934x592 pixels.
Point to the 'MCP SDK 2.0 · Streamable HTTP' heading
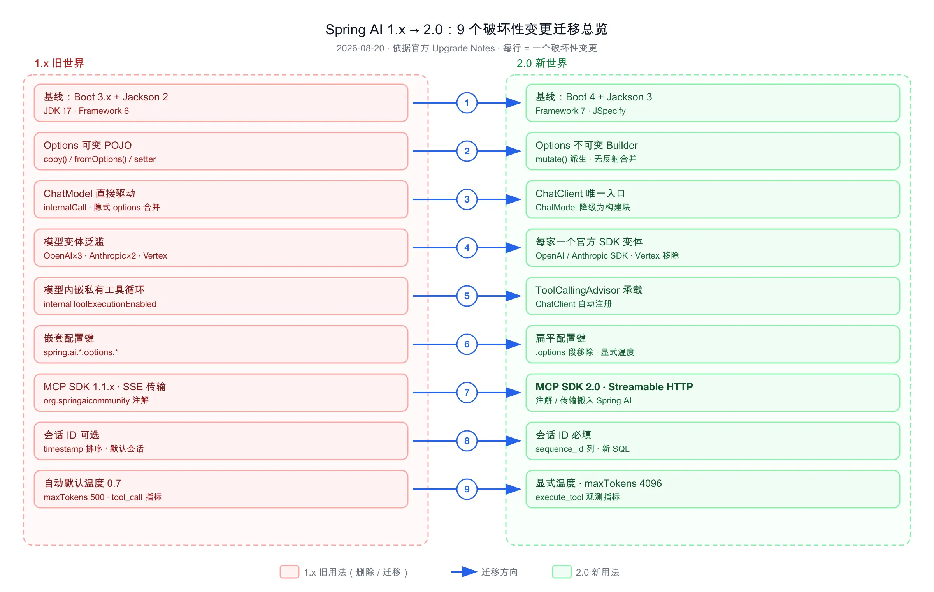(x=614, y=387)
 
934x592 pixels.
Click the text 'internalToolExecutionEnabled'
(x=100, y=304)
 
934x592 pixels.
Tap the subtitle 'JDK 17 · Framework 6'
(x=86, y=111)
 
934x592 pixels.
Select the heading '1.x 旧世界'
(x=59, y=63)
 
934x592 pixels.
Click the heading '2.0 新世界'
(x=542, y=63)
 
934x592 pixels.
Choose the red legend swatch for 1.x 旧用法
(x=290, y=572)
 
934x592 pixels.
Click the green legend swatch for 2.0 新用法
(x=562, y=572)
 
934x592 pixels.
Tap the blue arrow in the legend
(x=464, y=572)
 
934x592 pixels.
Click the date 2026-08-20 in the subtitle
(x=360, y=48)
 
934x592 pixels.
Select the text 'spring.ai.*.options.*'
(x=81, y=352)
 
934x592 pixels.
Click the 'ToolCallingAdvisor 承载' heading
(x=589, y=290)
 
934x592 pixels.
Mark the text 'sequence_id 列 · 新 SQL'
(x=582, y=449)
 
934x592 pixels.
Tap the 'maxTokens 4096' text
(x=623, y=483)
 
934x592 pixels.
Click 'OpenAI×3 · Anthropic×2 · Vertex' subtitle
(x=105, y=256)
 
